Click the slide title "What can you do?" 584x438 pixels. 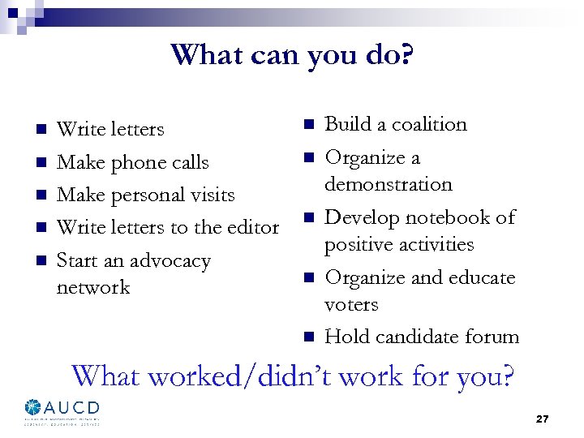[292, 55]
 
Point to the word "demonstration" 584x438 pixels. [389, 184]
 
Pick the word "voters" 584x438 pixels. [351, 304]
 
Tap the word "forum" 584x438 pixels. [493, 337]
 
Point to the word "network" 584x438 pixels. [93, 287]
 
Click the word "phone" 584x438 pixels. [138, 162]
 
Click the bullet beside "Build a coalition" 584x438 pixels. [308, 124]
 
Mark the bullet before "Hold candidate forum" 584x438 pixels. [308, 337]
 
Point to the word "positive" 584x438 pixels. [359, 244]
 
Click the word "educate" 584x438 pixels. [480, 277]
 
